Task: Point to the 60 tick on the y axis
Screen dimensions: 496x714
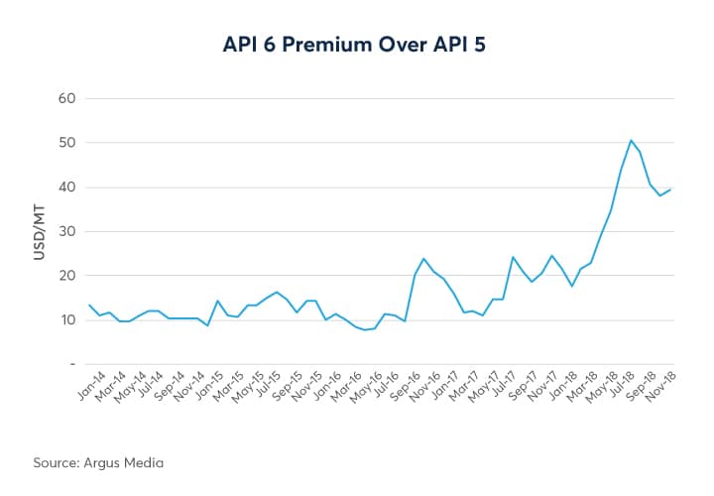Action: pos(67,99)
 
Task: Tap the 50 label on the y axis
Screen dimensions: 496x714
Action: pos(67,143)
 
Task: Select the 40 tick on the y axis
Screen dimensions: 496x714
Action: pos(67,187)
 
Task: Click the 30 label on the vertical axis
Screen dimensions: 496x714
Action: pos(67,231)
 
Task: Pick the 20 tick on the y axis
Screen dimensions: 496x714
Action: pos(67,276)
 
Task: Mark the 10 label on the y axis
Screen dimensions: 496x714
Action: pos(67,319)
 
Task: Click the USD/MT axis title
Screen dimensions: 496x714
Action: pos(40,232)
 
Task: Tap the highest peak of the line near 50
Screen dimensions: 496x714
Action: pos(631,140)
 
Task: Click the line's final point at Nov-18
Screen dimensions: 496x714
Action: pos(671,189)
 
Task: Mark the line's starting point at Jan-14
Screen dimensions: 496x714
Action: pos(89,305)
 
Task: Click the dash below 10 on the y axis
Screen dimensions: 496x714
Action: pos(71,364)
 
